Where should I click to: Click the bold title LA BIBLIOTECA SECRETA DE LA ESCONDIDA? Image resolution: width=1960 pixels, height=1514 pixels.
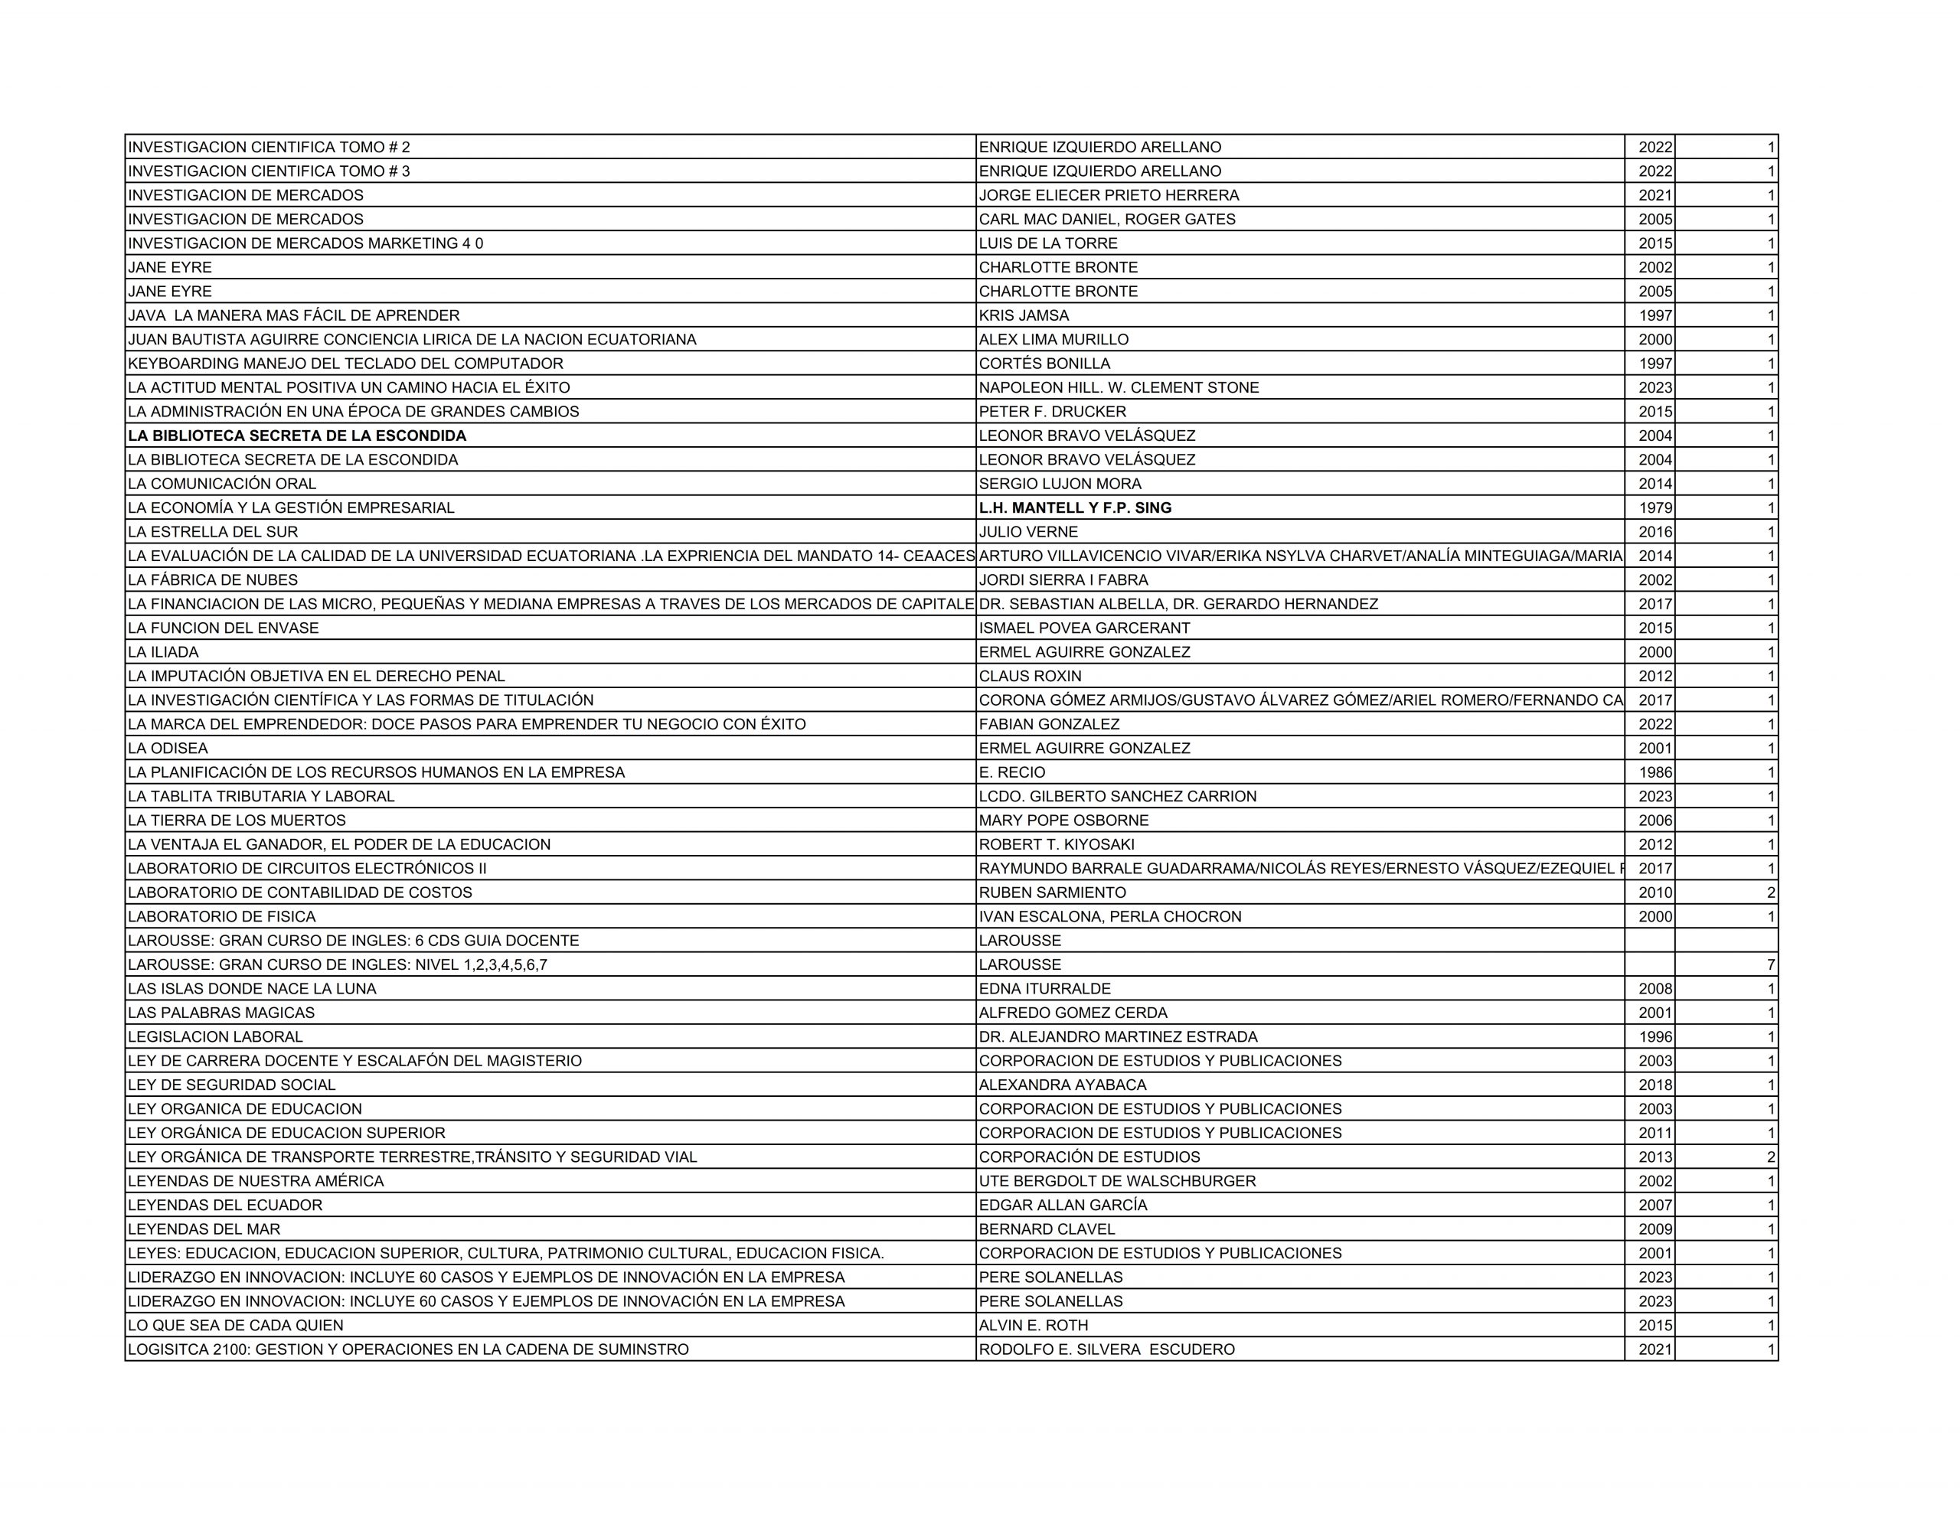tap(297, 436)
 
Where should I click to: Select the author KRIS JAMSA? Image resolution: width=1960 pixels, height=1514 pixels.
tap(1024, 316)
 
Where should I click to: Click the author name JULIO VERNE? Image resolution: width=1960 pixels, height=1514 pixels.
tap(1028, 532)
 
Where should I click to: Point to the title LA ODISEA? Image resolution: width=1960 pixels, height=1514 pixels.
tap(168, 749)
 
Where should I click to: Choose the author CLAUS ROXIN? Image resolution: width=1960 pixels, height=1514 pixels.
tap(1031, 677)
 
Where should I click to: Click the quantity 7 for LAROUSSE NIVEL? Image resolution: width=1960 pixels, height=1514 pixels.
tap(1771, 964)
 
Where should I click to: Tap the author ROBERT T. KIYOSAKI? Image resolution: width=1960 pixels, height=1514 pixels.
tap(1057, 844)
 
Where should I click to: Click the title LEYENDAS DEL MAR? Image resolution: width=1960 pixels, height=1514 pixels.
tap(204, 1229)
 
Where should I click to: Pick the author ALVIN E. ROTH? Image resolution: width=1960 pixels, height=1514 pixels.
tap(1033, 1326)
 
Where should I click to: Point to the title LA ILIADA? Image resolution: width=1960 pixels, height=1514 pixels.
tap(163, 652)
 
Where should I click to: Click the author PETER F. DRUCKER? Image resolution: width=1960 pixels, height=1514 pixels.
tap(1052, 412)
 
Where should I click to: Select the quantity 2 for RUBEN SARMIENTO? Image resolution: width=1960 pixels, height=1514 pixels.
tap(1771, 893)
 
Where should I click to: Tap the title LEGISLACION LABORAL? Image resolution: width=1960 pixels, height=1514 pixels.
tap(215, 1037)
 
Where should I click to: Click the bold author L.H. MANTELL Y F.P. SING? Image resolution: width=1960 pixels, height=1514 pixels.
tap(1075, 508)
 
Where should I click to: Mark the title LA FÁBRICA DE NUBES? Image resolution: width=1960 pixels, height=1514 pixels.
tap(213, 581)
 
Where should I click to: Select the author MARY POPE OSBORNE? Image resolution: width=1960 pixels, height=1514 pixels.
tap(1063, 821)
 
